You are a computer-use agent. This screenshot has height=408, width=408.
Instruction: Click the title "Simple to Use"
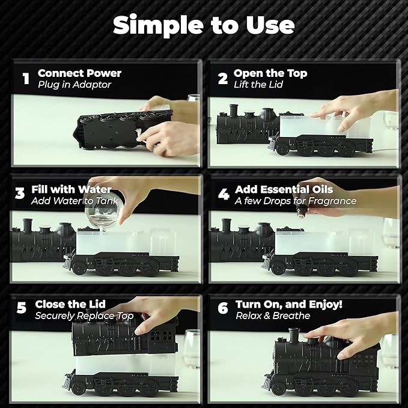pyautogui.click(x=204, y=25)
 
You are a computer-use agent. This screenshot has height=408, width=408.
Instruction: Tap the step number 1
pyautogui.click(x=26, y=79)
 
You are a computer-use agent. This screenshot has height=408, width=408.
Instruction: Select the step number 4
pyautogui.click(x=224, y=194)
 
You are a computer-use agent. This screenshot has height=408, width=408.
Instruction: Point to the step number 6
pyautogui.click(x=223, y=308)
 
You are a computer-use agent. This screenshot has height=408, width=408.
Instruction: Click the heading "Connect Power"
pyautogui.click(x=80, y=73)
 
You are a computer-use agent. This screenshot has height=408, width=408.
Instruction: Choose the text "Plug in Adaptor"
pyautogui.click(x=75, y=85)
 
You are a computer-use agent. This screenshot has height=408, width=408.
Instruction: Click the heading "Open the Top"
pyautogui.click(x=270, y=73)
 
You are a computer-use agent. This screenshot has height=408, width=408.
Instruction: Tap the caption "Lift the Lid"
pyautogui.click(x=258, y=85)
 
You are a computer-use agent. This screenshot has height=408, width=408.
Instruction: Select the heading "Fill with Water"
pyautogui.click(x=72, y=189)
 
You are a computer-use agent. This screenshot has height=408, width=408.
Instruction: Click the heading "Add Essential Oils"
pyautogui.click(x=284, y=189)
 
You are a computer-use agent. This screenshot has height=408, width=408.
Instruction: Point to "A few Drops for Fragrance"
pyautogui.click(x=296, y=201)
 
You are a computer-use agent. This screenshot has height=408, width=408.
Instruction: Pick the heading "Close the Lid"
pyautogui.click(x=70, y=304)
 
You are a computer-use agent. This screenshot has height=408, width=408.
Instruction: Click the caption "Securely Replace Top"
pyautogui.click(x=84, y=315)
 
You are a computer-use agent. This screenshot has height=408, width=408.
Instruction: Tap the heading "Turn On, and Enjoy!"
pyautogui.click(x=289, y=304)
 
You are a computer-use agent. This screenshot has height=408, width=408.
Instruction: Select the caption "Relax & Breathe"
pyautogui.click(x=273, y=315)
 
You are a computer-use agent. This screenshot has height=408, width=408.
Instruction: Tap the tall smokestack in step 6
pyautogui.click(x=294, y=336)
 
